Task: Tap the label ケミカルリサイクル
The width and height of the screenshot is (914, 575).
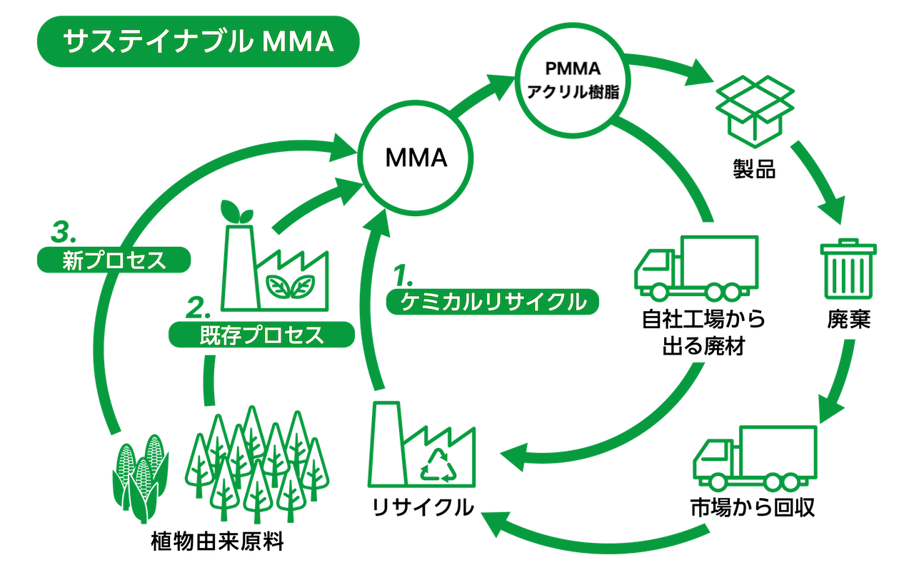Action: [492, 302]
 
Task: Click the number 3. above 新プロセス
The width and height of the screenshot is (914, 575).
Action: [63, 233]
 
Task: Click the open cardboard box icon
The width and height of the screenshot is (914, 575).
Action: [755, 110]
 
